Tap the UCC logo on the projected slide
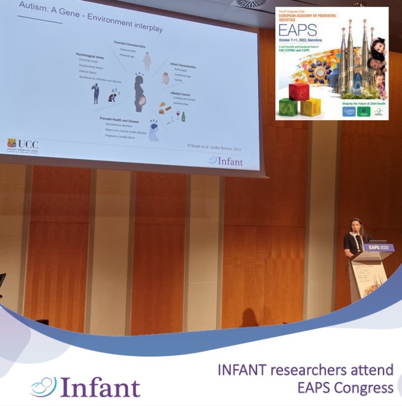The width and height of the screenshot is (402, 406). click(22, 145)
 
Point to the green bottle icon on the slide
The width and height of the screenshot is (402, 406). click(183, 117)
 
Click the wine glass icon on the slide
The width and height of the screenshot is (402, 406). click(176, 115)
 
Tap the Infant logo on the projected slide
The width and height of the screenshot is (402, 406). click(226, 161)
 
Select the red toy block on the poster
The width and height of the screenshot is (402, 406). click(299, 92)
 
